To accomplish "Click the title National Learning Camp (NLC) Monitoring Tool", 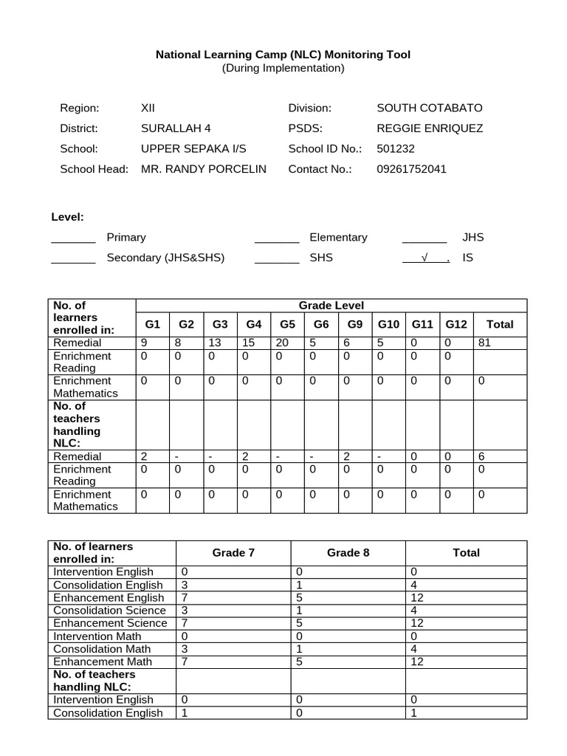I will click(283, 55).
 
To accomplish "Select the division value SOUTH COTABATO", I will click(429, 108).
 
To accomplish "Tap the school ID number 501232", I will click(396, 148).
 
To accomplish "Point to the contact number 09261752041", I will click(411, 169).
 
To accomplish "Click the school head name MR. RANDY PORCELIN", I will click(203, 169).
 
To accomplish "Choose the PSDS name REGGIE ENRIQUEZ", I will click(430, 128).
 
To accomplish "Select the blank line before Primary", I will click(73, 238).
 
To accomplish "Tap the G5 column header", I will click(287, 324).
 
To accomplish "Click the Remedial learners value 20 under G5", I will click(282, 343).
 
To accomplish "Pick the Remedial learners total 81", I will click(484, 343).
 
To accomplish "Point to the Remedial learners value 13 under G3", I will click(215, 343).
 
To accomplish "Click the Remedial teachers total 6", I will click(481, 456).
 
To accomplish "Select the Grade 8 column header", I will click(348, 552).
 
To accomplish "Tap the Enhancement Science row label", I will click(109, 623).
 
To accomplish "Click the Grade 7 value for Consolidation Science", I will click(185, 611).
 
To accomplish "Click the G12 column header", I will click(456, 324).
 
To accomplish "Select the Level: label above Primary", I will click(67, 217).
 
